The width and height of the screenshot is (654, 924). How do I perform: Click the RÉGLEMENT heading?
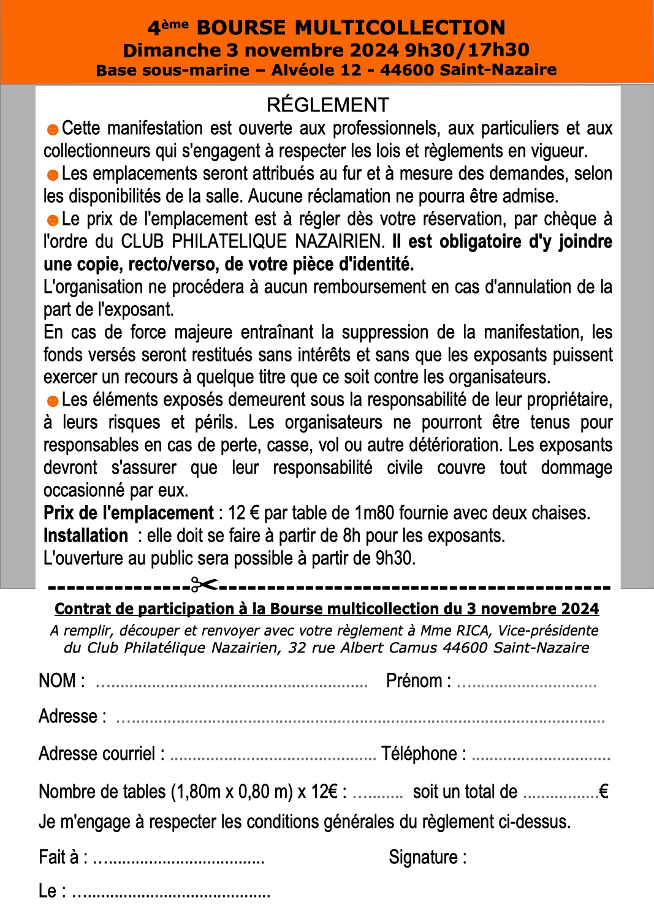point(328,105)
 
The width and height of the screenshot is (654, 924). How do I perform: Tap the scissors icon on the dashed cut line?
point(204,585)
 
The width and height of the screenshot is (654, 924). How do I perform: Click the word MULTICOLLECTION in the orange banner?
point(400,28)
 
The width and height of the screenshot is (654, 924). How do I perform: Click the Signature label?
point(427,857)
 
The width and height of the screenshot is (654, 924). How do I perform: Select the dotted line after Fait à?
point(178,861)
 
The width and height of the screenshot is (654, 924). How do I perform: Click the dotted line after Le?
point(171,895)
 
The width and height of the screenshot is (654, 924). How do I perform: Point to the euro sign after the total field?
point(603,792)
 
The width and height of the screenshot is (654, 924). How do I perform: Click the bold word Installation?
point(85,536)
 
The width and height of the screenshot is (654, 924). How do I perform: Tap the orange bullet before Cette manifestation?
point(53,129)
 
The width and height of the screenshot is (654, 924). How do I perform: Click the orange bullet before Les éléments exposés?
point(53,401)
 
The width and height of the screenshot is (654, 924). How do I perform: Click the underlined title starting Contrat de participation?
point(327,608)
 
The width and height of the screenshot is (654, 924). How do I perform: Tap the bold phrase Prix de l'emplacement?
point(128,513)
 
